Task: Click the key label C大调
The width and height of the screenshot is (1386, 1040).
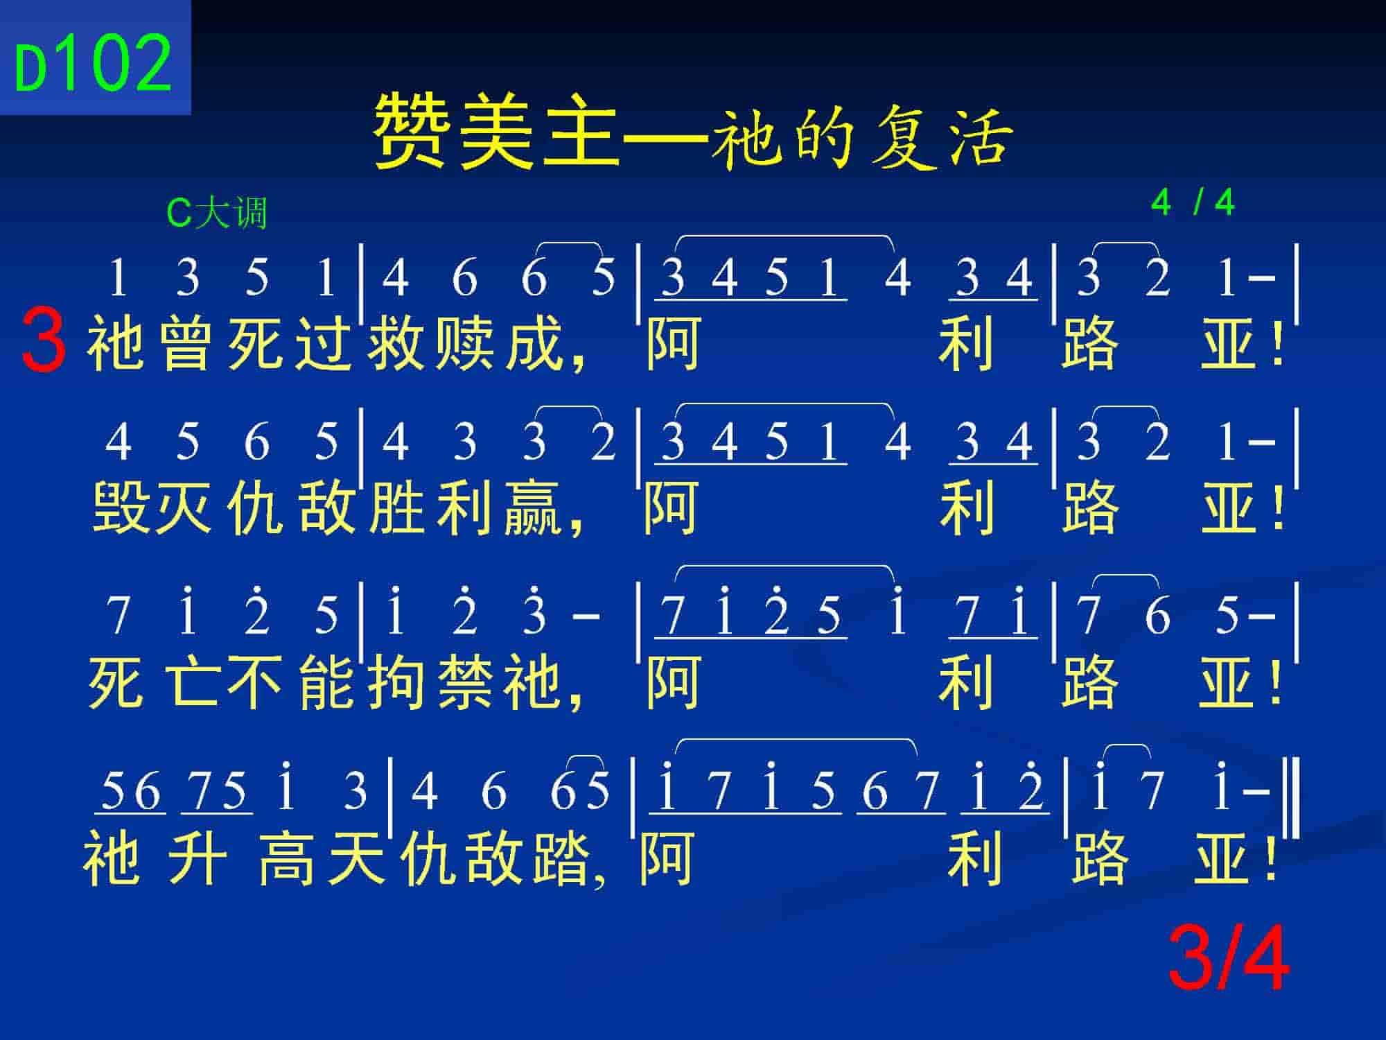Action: click(217, 212)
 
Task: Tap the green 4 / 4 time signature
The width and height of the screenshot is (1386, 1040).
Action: click(1193, 202)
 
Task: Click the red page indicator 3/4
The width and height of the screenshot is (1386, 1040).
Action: click(1228, 960)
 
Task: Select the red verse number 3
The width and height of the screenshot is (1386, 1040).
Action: click(44, 342)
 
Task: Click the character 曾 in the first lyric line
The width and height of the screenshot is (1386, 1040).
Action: click(185, 344)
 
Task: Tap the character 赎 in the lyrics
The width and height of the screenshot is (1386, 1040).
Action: click(465, 344)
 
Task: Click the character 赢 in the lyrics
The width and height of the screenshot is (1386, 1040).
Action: click(533, 508)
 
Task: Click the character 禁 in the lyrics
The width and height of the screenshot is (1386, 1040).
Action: click(465, 682)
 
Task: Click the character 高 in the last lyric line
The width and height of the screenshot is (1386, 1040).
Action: click(286, 858)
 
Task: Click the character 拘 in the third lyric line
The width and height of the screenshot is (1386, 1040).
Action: click(396, 682)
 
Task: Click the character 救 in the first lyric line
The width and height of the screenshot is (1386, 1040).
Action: click(396, 344)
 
